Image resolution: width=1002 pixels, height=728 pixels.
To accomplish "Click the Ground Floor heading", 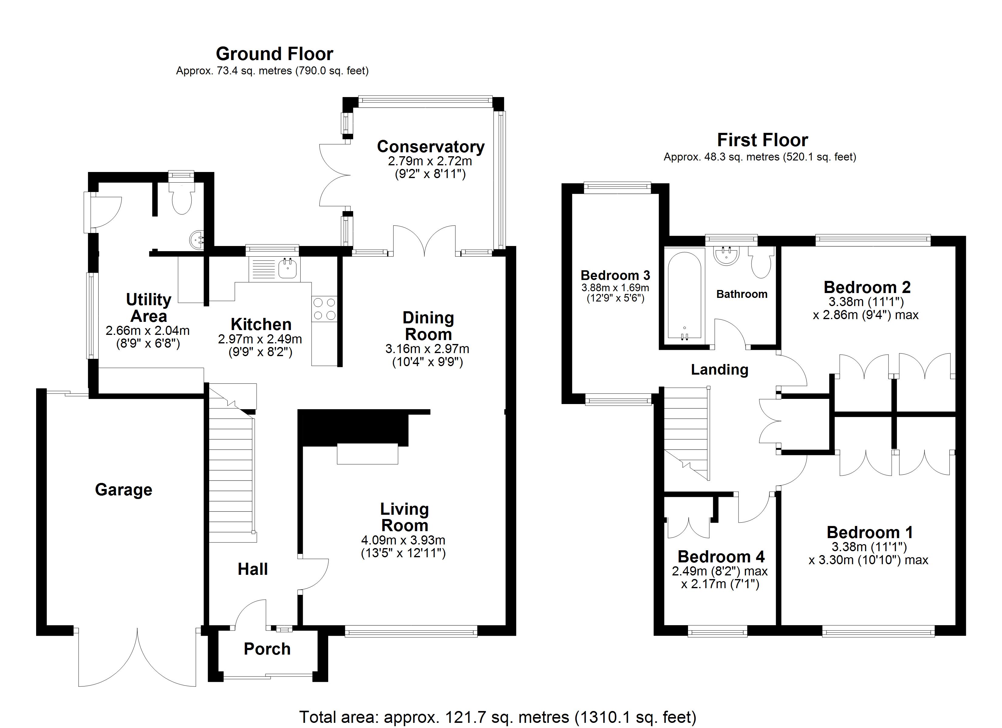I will (274, 54).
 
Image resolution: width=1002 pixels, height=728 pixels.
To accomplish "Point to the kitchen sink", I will (288, 268).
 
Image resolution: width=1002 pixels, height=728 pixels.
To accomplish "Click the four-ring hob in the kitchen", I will (324, 308).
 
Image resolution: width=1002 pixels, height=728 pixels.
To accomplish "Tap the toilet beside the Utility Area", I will (182, 199).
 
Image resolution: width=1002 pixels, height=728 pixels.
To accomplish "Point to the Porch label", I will (267, 649).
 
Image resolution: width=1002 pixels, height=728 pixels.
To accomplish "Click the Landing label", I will (719, 369).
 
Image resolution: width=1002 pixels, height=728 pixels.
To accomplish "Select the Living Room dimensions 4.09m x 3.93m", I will (403, 540).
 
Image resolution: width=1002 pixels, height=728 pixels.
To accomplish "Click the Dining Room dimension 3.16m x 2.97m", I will (427, 349).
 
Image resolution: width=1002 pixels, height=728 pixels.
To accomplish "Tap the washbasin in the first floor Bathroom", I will (726, 256).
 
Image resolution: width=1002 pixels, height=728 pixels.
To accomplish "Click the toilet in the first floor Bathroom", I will (761, 262).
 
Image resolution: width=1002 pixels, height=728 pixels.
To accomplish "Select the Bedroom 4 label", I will (721, 557).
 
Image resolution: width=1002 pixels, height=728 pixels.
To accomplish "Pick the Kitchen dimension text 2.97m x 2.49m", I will (260, 339).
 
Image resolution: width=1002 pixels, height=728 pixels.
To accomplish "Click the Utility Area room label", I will (148, 308).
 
